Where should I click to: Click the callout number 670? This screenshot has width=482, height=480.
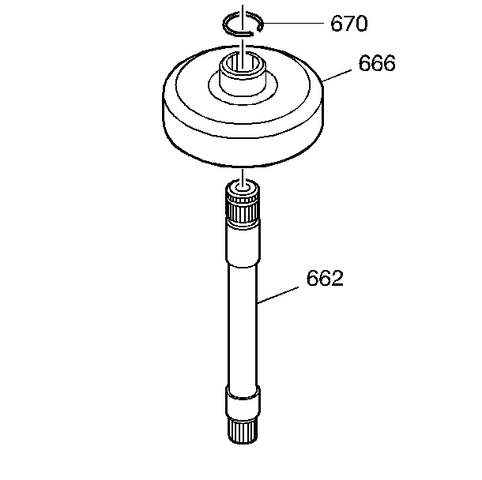[349, 24]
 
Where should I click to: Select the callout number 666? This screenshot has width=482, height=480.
[377, 63]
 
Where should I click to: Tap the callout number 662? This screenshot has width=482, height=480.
[325, 278]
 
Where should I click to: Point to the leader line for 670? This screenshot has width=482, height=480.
[294, 23]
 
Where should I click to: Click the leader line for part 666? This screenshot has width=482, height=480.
[337, 76]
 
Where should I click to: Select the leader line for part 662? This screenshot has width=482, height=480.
[277, 295]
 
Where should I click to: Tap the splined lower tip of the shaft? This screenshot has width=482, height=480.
[243, 429]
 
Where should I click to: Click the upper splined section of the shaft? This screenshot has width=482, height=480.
[243, 206]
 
